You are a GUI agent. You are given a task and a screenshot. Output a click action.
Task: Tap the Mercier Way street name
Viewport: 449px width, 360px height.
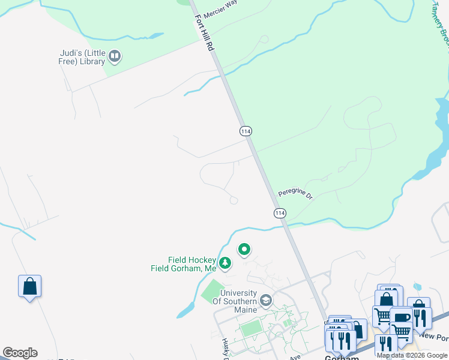[x=221, y=8]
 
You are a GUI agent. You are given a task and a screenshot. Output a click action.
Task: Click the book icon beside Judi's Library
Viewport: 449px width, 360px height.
[x=115, y=58]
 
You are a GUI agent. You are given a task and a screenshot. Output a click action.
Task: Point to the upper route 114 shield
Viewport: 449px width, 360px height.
[x=245, y=131]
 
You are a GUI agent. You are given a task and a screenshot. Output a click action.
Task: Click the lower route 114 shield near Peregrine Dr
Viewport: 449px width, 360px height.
[x=280, y=213]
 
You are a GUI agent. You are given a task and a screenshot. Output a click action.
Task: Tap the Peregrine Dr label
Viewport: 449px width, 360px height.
[x=295, y=194]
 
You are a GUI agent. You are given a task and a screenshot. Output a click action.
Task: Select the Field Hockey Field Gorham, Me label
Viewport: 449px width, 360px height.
[x=183, y=264]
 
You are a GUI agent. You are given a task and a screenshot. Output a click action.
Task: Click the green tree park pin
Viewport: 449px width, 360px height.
[x=224, y=263]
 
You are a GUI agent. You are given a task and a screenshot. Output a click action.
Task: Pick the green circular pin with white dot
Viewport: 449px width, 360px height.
[x=244, y=249]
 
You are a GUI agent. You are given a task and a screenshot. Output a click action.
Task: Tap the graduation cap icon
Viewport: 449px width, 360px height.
[x=267, y=300]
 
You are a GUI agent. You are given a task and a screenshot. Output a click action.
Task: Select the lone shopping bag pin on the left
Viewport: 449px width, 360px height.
[x=29, y=286]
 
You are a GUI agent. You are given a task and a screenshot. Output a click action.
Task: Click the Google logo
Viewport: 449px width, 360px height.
[x=20, y=353]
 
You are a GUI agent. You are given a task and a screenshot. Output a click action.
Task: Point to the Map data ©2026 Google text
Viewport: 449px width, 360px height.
[x=412, y=355]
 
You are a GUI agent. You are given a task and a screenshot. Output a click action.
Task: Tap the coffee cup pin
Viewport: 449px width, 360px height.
[x=401, y=317]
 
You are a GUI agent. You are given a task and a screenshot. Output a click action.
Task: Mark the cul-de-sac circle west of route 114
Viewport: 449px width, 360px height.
[x=234, y=200]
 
